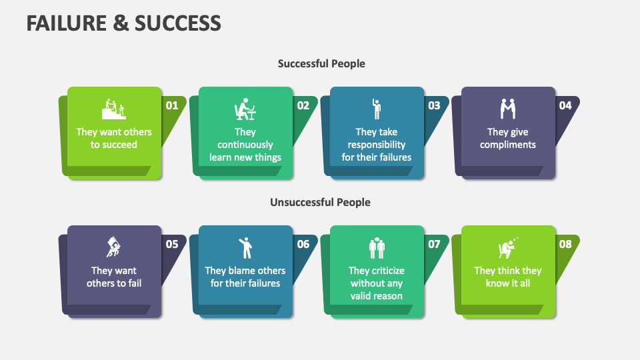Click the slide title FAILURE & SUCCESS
(x=124, y=23)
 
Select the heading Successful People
(x=321, y=63)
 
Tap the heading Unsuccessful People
(x=320, y=202)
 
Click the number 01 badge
(x=172, y=105)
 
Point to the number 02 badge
(x=303, y=105)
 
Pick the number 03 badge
(x=434, y=105)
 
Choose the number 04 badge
(x=565, y=105)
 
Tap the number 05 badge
(x=172, y=244)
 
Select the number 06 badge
(x=303, y=244)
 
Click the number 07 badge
(x=434, y=244)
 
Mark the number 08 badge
(x=565, y=244)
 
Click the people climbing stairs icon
(x=114, y=108)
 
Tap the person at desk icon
(x=245, y=108)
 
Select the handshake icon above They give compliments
(x=507, y=108)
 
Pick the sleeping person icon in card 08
(x=509, y=248)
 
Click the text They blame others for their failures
(x=245, y=277)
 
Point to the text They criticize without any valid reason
(x=377, y=283)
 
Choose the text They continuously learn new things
(x=245, y=145)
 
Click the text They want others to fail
(x=114, y=277)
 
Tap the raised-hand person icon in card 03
(x=377, y=108)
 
